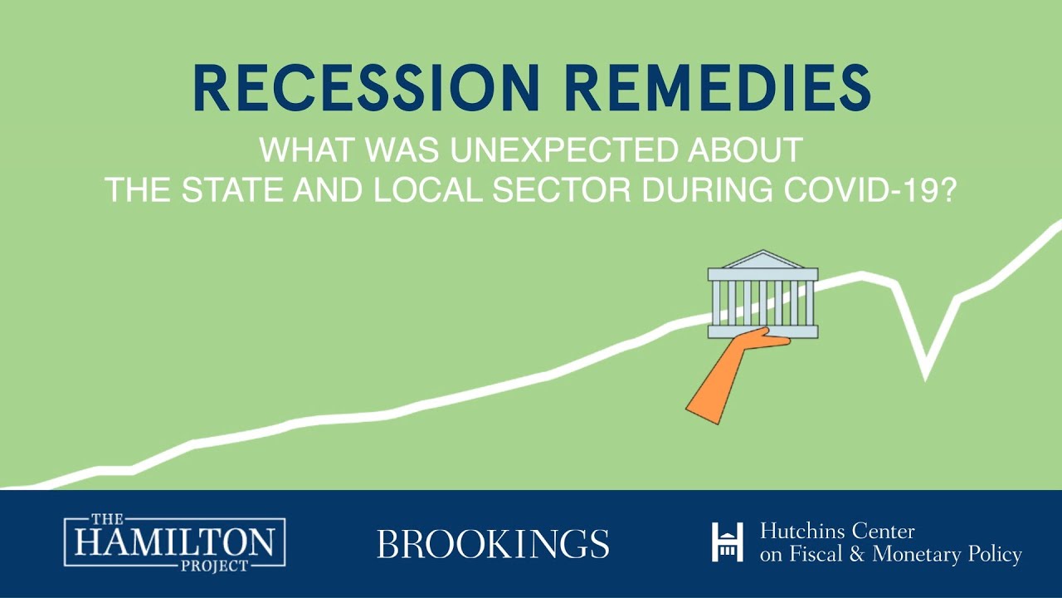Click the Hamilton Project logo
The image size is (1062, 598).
pyautogui.click(x=174, y=544)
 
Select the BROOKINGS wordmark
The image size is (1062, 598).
pyautogui.click(x=493, y=544)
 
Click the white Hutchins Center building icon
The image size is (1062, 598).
pyautogui.click(x=727, y=542)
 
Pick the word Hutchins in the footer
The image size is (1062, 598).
pyautogui.click(x=800, y=532)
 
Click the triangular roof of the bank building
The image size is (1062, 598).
pyautogui.click(x=762, y=259)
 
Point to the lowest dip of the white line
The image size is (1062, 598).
pyautogui.click(x=925, y=374)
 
